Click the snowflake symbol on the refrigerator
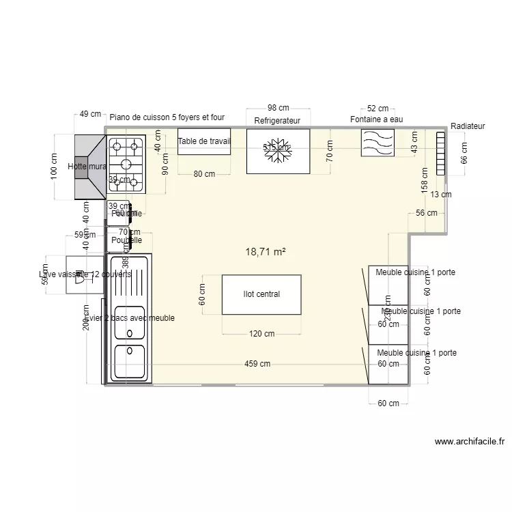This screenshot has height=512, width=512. [x=278, y=154]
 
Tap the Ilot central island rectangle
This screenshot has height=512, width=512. [x=261, y=294]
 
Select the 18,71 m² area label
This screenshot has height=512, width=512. [x=265, y=252]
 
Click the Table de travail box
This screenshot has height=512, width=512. [x=204, y=141]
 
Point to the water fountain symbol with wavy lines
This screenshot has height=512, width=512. [x=378, y=143]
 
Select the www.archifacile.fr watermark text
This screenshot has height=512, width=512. [x=469, y=442]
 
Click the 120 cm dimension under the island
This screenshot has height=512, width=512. [x=261, y=334]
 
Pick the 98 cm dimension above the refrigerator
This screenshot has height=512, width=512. [x=278, y=108]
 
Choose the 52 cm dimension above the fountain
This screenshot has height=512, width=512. [x=378, y=109]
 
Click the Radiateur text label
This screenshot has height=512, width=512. [x=468, y=126]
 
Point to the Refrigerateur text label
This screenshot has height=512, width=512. [x=277, y=120]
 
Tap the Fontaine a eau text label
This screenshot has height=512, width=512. [x=377, y=119]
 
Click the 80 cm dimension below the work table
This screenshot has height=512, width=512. [x=203, y=174]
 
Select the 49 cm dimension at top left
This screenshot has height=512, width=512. [x=89, y=115]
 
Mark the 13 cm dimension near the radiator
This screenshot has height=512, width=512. [x=441, y=195]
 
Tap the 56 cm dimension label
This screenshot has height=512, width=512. [x=426, y=214]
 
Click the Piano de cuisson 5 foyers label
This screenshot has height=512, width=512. [x=167, y=117]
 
